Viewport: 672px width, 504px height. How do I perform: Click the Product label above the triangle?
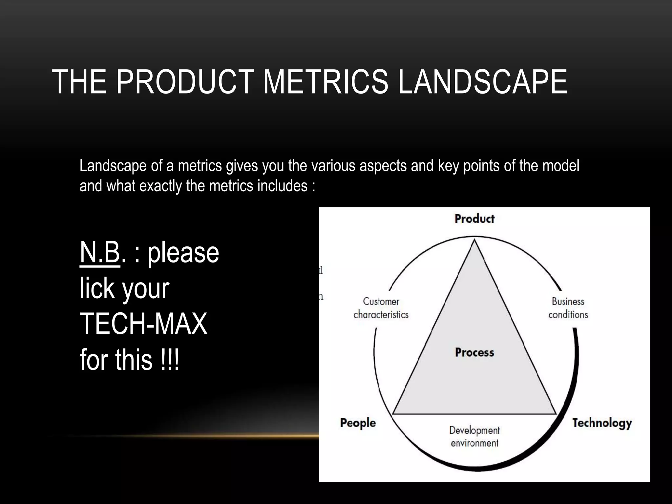pos(474,219)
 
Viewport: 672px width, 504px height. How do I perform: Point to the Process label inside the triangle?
pos(474,352)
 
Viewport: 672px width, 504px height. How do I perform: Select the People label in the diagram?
pos(358,423)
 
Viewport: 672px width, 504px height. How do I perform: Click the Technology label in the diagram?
pos(602,423)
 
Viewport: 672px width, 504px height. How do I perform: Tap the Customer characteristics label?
pos(381,308)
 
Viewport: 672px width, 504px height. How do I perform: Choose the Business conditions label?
pos(568,308)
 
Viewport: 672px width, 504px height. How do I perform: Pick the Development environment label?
pos(474,436)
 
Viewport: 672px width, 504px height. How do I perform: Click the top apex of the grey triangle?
pos(474,241)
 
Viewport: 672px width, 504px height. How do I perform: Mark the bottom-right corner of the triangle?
pos(556,413)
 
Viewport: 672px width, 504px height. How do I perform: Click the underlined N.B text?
pos(100,253)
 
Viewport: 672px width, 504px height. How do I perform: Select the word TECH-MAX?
pos(143,324)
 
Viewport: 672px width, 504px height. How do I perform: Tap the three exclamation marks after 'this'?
pos(170,360)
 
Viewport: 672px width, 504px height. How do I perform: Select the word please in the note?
pos(183,253)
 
